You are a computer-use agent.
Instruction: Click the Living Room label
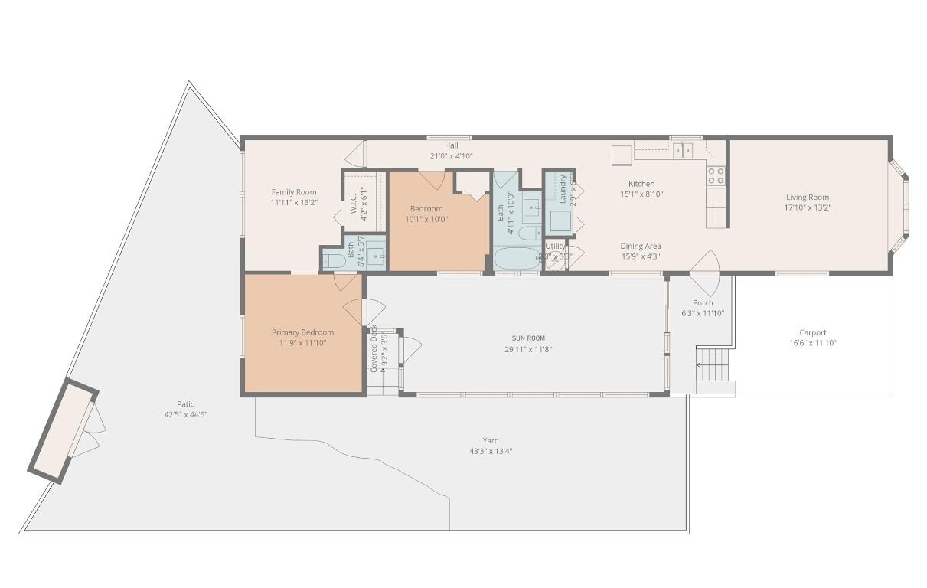coord(807,197)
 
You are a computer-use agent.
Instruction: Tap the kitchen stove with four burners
coord(716,176)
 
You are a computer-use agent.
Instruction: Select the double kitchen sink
coord(682,150)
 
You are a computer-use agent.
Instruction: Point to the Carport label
coord(812,332)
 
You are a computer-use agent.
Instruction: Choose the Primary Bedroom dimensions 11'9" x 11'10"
coord(302,343)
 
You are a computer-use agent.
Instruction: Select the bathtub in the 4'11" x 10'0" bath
coord(517,258)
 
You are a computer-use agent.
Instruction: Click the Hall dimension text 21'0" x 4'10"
coord(451,156)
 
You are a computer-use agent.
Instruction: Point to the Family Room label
coord(293,192)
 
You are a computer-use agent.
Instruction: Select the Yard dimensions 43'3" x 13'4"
coord(491,451)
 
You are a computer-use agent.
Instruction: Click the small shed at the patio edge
coord(63,430)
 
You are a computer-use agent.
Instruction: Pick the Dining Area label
coord(640,246)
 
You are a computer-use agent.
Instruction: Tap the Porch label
coord(702,302)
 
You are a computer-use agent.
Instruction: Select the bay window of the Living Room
coord(900,207)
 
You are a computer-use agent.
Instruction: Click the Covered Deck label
coord(374,348)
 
